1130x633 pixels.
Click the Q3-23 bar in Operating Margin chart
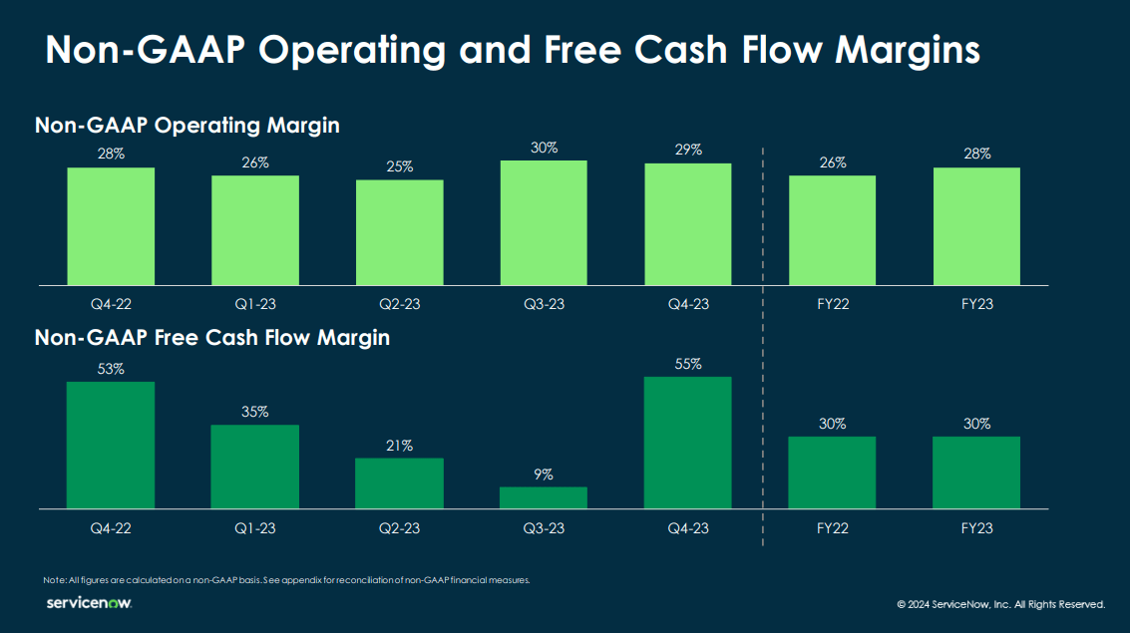coord(544,223)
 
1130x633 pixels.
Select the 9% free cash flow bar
coord(544,497)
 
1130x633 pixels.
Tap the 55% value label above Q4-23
coord(688,365)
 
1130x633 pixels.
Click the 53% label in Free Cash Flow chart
coord(111,369)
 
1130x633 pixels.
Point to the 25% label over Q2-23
coord(400,166)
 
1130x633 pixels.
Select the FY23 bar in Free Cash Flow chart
coord(976,473)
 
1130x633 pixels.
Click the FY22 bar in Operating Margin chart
coord(833,230)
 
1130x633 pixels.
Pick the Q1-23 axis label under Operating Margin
coord(255,304)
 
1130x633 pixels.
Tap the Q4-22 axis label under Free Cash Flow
coord(111,528)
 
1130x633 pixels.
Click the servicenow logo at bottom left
coord(89,603)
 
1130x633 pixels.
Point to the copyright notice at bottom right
coord(1000,604)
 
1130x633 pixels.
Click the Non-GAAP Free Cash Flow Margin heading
coord(212,338)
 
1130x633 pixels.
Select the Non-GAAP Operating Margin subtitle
coord(188,126)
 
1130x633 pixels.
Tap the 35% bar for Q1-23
coord(255,467)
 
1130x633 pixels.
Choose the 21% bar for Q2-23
coord(400,483)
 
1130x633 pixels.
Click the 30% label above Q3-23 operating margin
coord(544,148)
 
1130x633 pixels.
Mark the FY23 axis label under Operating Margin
coord(976,304)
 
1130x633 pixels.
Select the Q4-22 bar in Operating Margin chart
coord(111,226)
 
